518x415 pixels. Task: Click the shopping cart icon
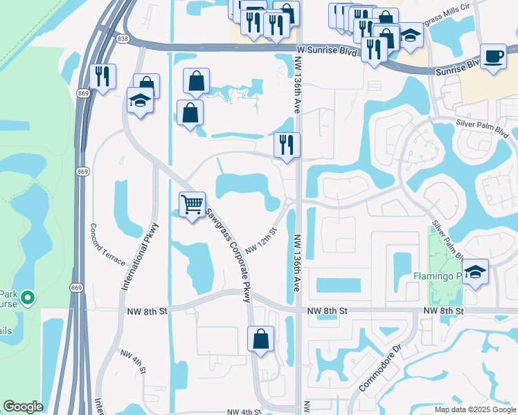coord(193,204)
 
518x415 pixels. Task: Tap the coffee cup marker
coord(494,57)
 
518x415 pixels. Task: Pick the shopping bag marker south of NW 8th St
coord(260,339)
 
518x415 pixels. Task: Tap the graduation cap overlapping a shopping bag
coord(139,101)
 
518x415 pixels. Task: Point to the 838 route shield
coord(123,39)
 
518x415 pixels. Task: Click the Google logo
coord(23,407)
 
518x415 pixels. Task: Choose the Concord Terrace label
coord(107,245)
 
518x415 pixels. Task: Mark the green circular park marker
coord(28,298)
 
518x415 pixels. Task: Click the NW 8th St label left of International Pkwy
coord(148,312)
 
